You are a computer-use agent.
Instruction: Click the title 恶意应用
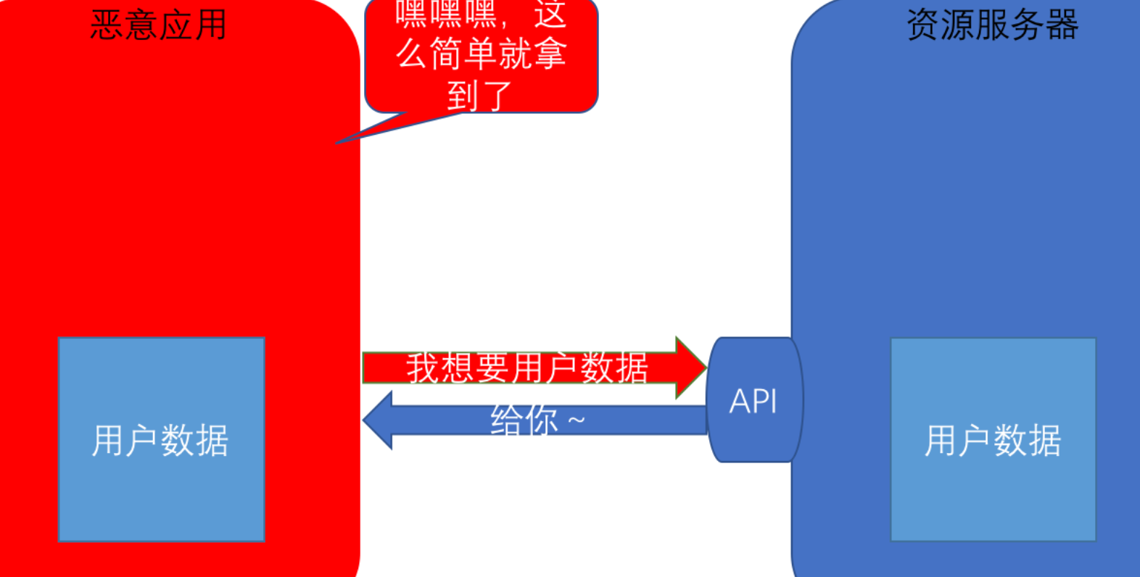[158, 25]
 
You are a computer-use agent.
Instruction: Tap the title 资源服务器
[992, 25]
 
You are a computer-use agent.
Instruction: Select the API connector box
[754, 399]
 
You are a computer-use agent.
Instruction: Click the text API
[753, 402]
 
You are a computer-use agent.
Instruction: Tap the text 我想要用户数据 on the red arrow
[526, 368]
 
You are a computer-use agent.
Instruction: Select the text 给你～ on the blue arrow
[537, 420]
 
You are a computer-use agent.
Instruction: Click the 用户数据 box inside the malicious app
[161, 439]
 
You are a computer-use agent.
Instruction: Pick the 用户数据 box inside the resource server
[993, 439]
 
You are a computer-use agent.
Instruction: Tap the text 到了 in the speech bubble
[479, 96]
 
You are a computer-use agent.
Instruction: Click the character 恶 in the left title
[107, 25]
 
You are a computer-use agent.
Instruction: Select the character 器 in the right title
[1062, 25]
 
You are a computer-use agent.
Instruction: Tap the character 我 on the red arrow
[424, 368]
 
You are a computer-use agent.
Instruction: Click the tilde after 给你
[576, 420]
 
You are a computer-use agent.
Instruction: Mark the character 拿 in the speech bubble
[549, 54]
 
